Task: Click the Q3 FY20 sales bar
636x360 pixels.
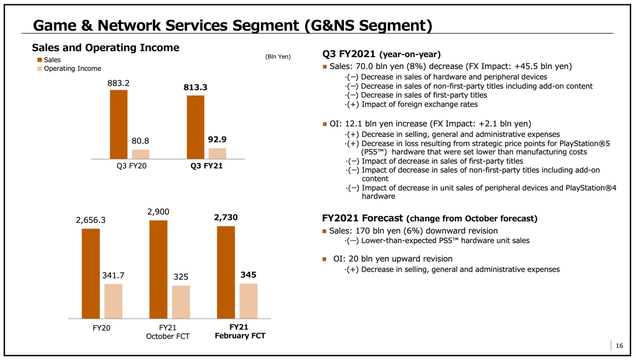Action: coord(118,124)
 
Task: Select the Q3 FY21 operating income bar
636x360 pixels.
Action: coord(217,153)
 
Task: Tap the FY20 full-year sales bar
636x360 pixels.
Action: coord(90,273)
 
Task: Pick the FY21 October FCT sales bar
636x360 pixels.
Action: coord(158,269)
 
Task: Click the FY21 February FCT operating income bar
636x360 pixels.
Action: coord(248,301)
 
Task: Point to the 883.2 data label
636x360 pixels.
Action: coord(118,83)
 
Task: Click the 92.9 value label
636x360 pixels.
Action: coord(217,140)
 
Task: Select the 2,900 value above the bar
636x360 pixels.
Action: coord(158,212)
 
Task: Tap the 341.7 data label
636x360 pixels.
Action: coord(113,276)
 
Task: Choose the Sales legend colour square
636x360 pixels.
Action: coord(39,60)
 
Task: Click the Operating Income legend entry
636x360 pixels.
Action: coord(72,69)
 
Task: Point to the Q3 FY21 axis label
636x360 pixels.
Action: coord(206,166)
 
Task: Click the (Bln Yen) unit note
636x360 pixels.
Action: coord(278,57)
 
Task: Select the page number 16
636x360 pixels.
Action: coord(619,346)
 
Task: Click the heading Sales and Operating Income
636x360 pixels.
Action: coord(105,48)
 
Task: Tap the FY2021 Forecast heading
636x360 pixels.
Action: coord(362,218)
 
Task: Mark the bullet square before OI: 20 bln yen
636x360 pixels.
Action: coord(324,259)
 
